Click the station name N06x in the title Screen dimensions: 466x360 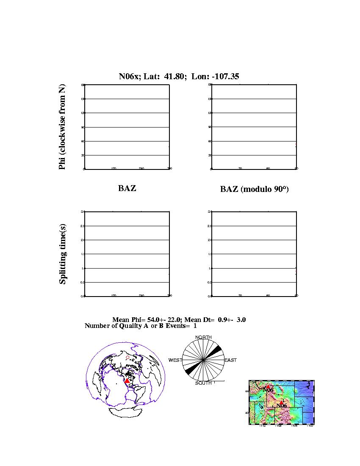click(127, 77)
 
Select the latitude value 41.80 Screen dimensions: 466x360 click(173, 77)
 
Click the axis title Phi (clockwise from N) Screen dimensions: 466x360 click(62, 127)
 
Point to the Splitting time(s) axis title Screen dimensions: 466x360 click(63, 254)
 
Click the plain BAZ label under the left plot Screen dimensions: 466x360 click(127, 189)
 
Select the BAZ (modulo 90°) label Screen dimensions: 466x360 click(254, 189)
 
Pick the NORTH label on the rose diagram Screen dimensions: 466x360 click(203, 338)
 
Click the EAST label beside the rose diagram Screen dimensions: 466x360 click(230, 360)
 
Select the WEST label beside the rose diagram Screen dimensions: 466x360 click(175, 360)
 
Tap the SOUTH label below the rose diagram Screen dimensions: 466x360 click(203, 383)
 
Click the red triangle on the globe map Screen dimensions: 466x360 click(127, 381)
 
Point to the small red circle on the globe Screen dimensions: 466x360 click(127, 358)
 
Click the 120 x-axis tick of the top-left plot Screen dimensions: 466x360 click(114, 169)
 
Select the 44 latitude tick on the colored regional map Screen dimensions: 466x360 click(247, 391)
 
